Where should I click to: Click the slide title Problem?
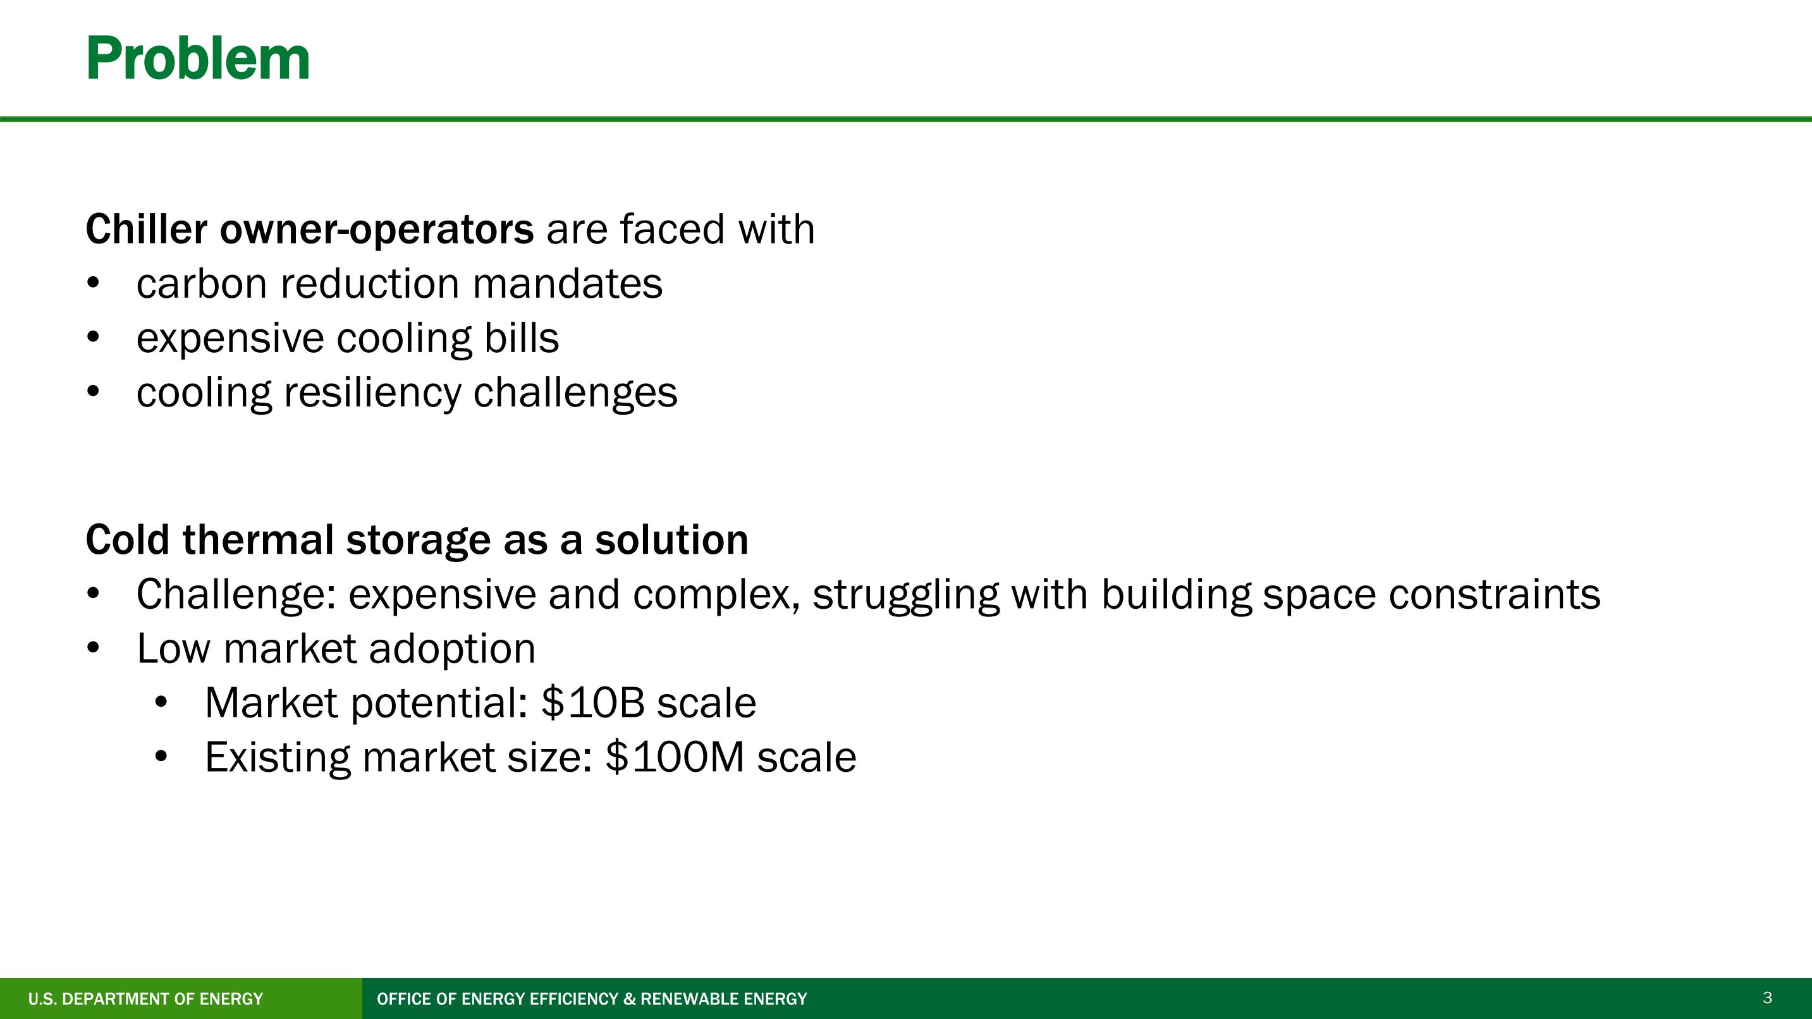198,59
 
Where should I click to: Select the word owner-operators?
376,231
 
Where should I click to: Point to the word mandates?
568,283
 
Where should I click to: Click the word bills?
522,338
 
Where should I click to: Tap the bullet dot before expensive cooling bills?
93,338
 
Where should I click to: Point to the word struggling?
906,595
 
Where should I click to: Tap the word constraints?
1495,594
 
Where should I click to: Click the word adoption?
452,649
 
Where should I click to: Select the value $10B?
593,702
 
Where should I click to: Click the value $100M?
675,757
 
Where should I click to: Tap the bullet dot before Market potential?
161,702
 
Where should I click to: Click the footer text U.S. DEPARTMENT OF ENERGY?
145,999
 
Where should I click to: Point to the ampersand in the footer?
630,999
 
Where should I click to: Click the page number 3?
1767,998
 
